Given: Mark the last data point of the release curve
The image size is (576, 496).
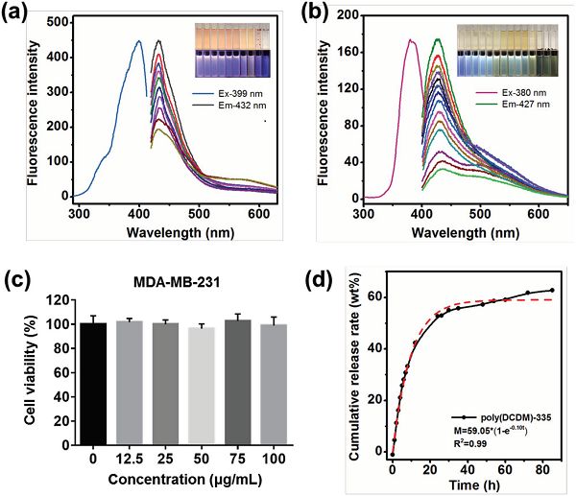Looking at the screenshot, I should pyautogui.click(x=552, y=291).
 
